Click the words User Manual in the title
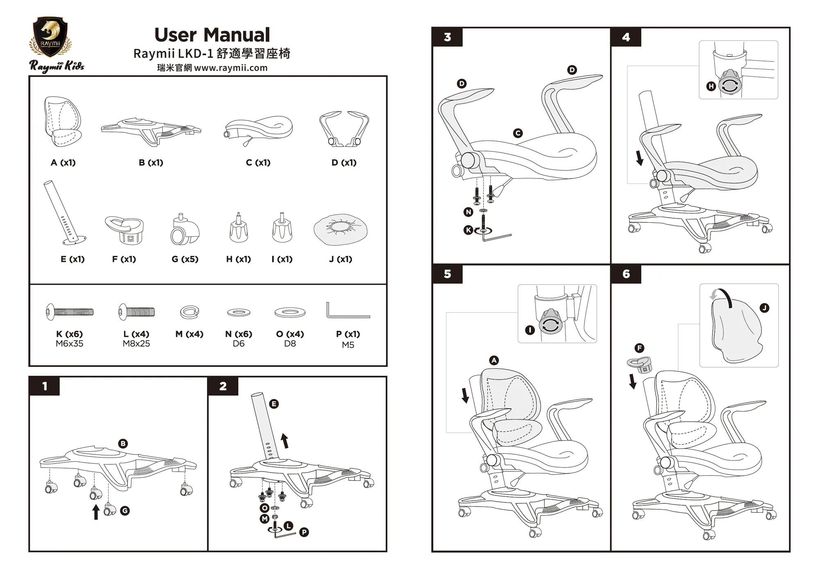(212, 35)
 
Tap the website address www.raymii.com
(231, 68)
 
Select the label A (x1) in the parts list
(63, 163)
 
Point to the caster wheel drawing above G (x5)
(185, 231)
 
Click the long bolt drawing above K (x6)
(70, 312)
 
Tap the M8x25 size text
(136, 344)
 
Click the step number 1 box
(45, 386)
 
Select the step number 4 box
(626, 37)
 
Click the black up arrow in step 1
(96, 512)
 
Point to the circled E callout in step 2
(274, 404)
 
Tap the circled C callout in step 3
(518, 133)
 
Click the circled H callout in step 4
(711, 86)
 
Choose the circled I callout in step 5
(530, 330)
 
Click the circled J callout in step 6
(764, 308)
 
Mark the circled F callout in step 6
(639, 348)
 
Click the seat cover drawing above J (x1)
(340, 229)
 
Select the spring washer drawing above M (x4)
(189, 312)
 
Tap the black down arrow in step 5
(465, 395)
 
